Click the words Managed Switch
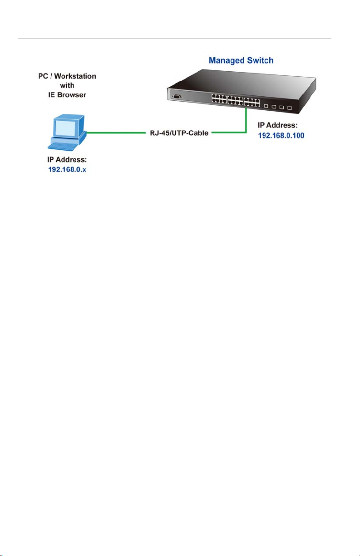tap(241, 60)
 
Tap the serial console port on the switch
tap(177, 97)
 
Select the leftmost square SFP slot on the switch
tap(266, 106)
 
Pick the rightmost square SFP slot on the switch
tap(289, 108)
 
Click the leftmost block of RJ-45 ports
tap(219, 99)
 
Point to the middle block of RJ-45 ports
tap(235, 101)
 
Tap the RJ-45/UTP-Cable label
tap(179, 133)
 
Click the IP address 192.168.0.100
tap(281, 136)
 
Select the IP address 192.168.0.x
tap(67, 170)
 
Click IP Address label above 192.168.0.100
tap(277, 125)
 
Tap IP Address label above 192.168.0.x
tap(67, 159)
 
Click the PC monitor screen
tap(65, 128)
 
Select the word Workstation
tap(75, 76)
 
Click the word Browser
tap(72, 95)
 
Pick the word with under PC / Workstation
tap(67, 85)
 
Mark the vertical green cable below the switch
tap(246, 120)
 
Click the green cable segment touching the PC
tap(116, 133)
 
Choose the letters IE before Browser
tap(51, 95)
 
